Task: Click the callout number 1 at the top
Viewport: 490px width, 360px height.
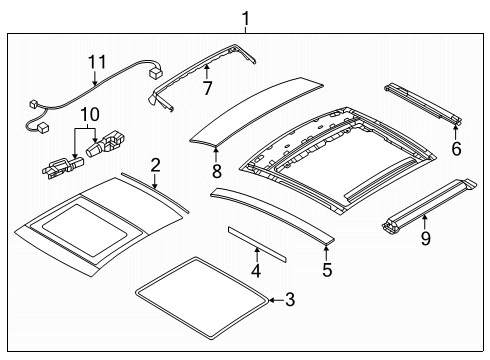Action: click(245, 16)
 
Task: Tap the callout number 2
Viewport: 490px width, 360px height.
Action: click(155, 165)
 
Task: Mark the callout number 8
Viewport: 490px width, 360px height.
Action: click(216, 171)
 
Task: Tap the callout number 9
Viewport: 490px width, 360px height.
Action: click(424, 239)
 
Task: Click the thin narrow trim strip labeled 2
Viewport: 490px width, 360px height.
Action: click(150, 190)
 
